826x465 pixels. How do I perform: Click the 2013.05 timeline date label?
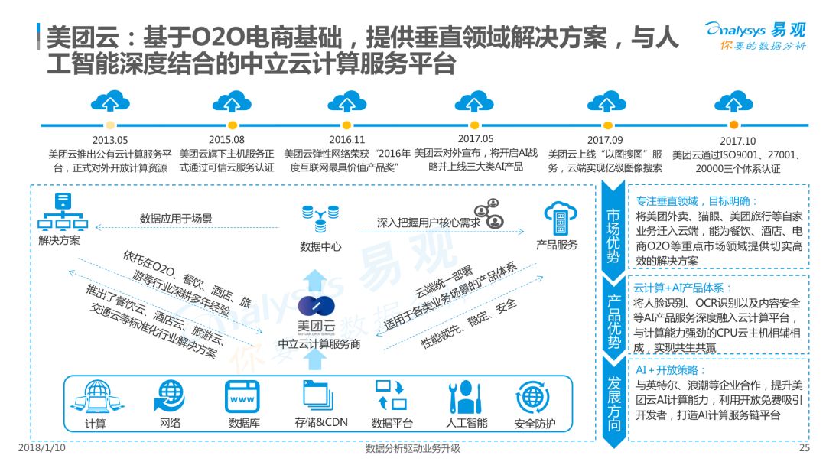[x=110, y=140]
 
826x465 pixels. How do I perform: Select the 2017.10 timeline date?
[x=737, y=141]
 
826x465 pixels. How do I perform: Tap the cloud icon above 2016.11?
[x=346, y=102]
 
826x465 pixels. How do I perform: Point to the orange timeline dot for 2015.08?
[x=233, y=125]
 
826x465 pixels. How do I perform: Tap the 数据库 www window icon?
[x=243, y=396]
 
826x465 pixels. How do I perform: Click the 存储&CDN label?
[x=321, y=422]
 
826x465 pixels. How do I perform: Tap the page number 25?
[x=804, y=448]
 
